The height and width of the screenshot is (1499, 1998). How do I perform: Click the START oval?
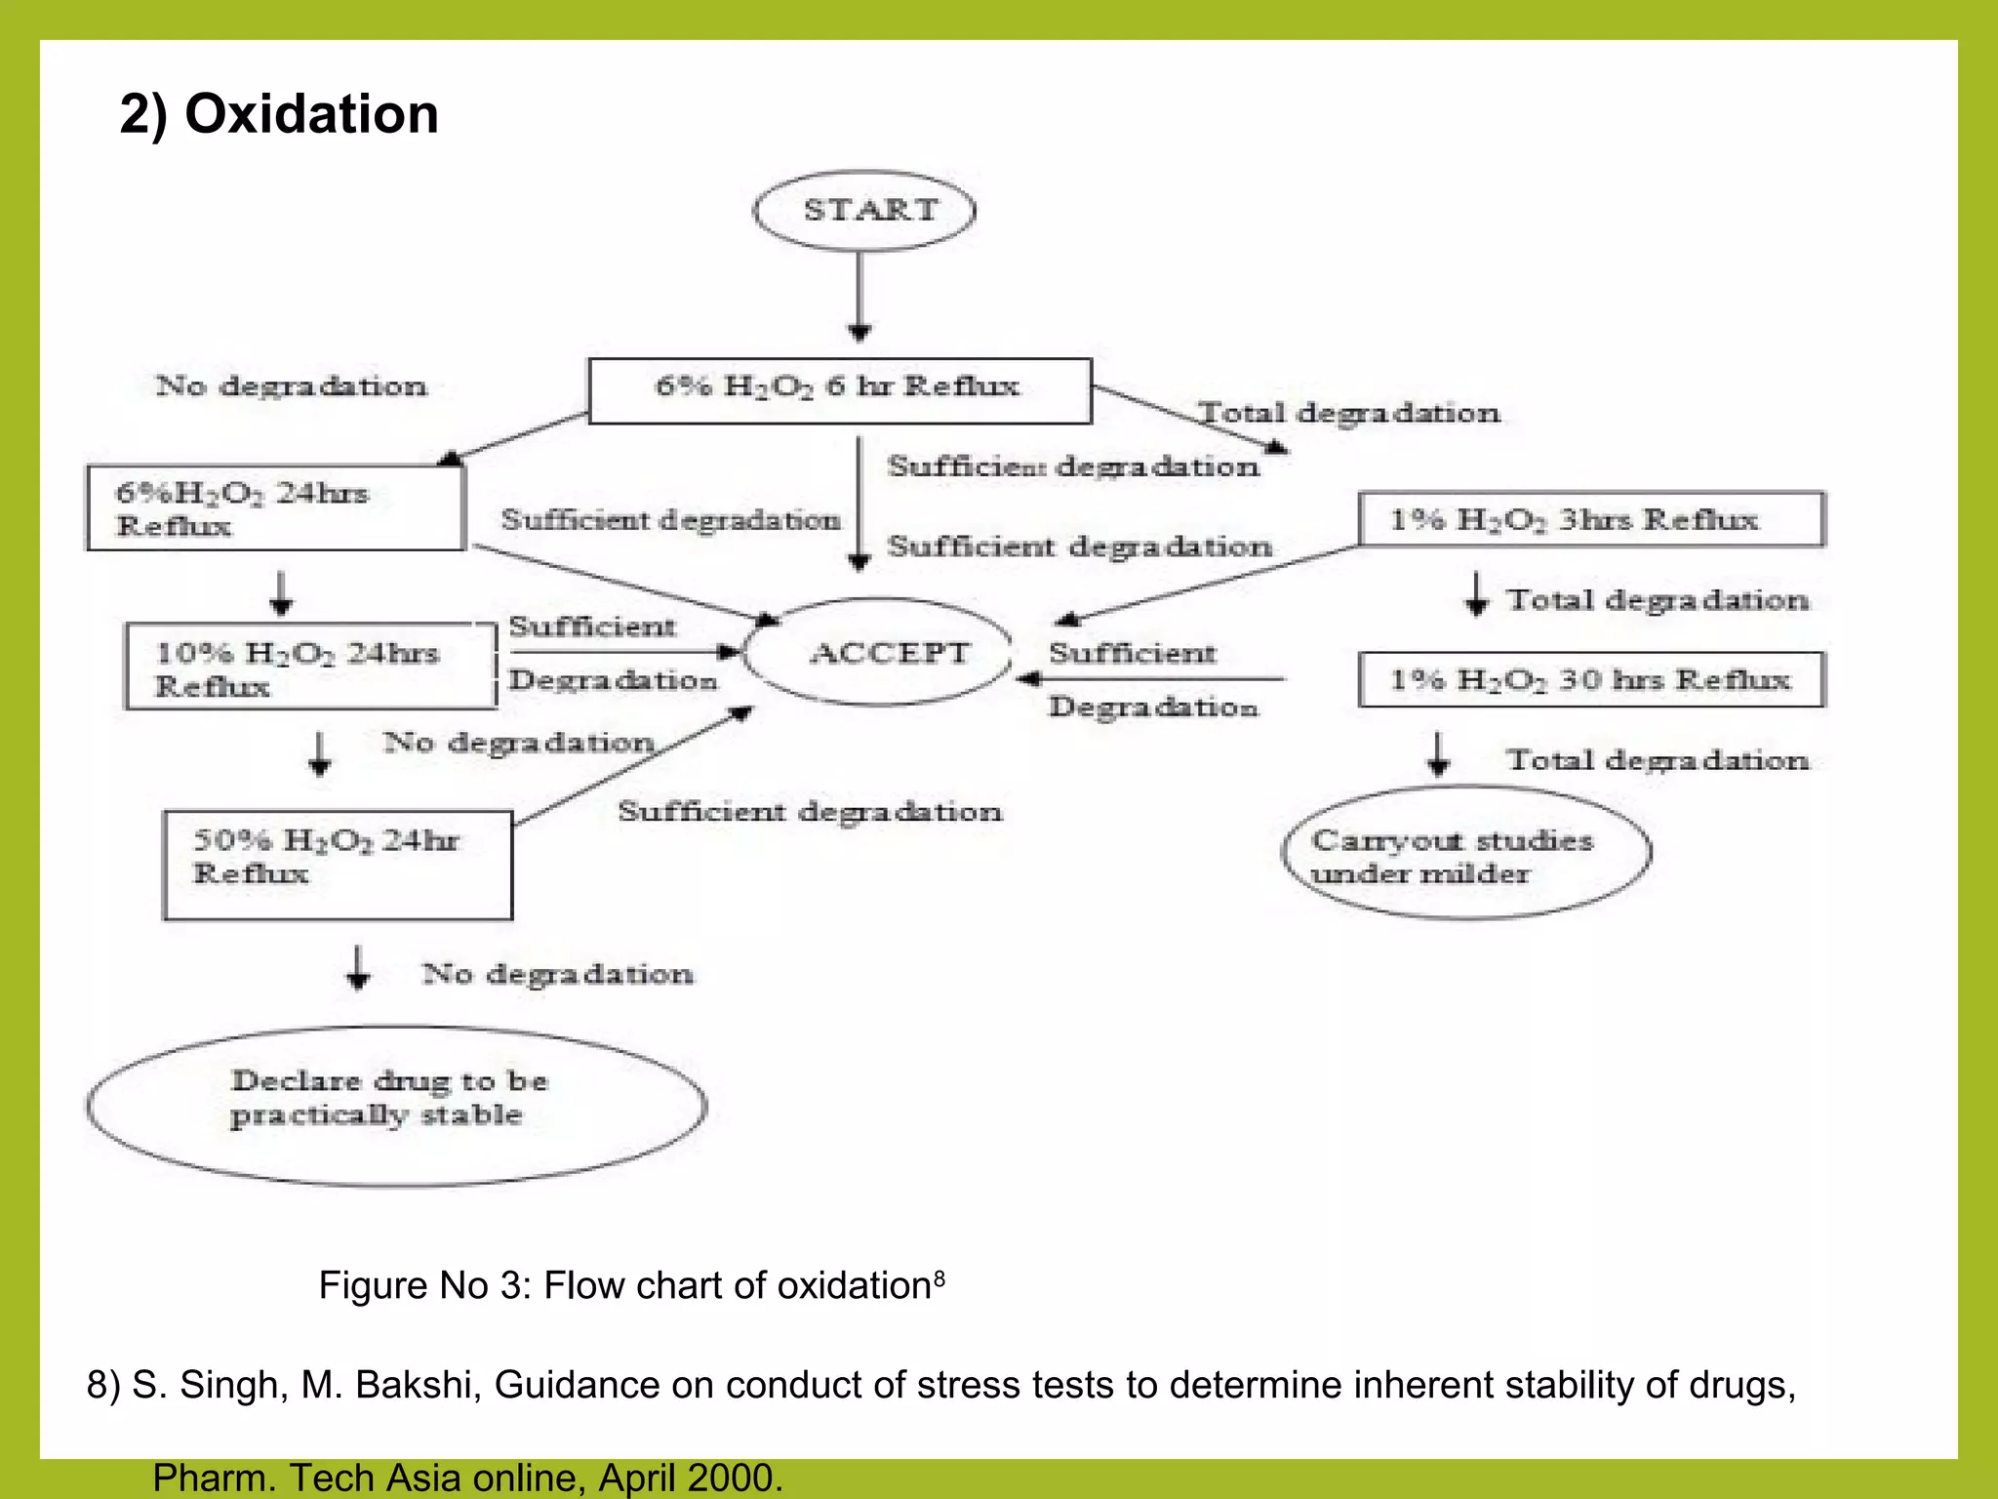(x=864, y=211)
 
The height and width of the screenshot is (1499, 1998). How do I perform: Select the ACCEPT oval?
(x=878, y=652)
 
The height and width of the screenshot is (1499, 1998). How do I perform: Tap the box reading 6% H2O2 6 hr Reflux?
(x=839, y=390)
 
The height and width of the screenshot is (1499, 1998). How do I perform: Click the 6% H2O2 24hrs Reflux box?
(x=275, y=508)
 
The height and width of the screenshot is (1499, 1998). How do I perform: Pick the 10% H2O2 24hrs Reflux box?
(x=310, y=668)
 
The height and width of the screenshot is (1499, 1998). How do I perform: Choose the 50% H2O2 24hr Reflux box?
(x=338, y=865)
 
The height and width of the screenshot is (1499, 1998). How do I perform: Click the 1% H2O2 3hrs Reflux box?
(x=1591, y=519)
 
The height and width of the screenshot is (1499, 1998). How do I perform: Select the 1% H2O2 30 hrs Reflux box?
(x=1591, y=679)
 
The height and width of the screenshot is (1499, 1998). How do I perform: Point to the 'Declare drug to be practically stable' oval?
(x=396, y=1106)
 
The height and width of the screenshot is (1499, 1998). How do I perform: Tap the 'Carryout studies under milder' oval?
(x=1465, y=853)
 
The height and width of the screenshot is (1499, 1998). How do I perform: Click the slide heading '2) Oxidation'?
(x=279, y=113)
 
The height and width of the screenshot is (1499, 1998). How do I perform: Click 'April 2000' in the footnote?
(x=688, y=1478)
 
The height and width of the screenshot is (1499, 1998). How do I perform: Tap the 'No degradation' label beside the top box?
(x=291, y=386)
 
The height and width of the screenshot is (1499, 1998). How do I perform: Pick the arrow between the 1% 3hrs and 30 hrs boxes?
(x=1477, y=594)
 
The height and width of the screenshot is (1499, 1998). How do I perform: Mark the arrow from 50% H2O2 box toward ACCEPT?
(x=634, y=765)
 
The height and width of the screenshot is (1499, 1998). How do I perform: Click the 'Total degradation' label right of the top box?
(x=1349, y=413)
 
